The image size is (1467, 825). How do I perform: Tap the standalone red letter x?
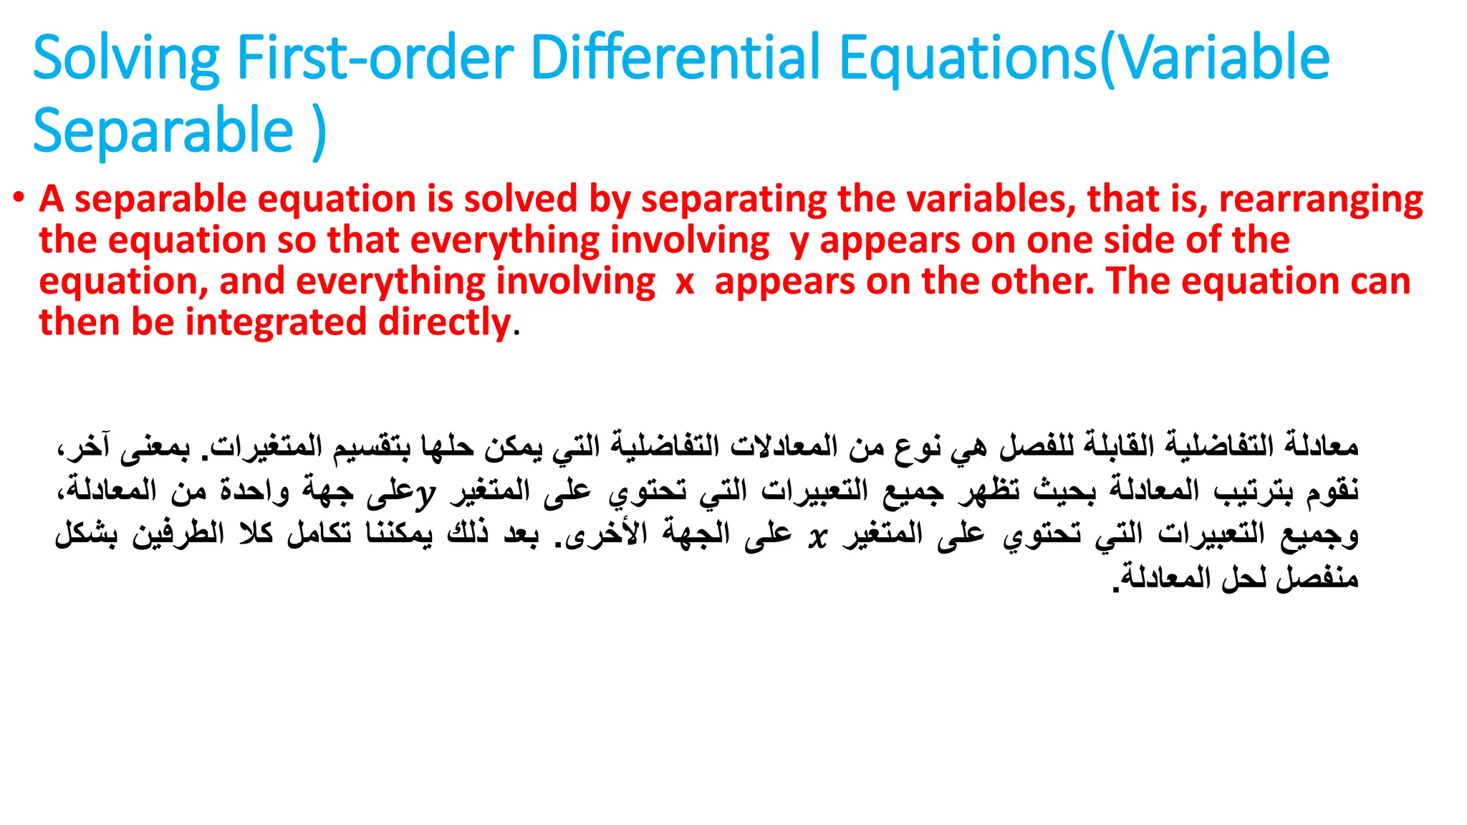pos(685,282)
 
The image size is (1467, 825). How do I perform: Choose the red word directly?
pos(444,322)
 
